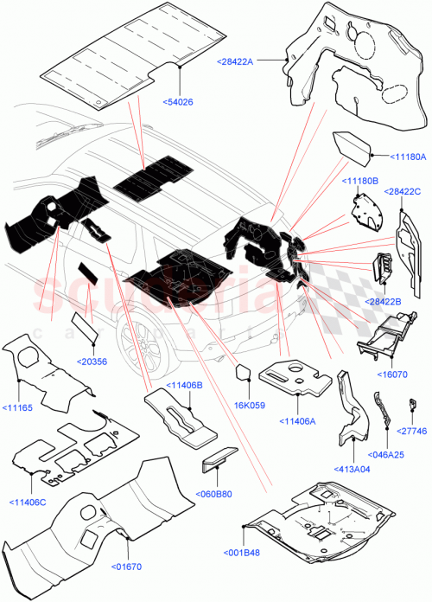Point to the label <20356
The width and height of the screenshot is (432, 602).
[x=92, y=361]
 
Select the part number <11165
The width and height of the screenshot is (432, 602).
[x=19, y=407]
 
